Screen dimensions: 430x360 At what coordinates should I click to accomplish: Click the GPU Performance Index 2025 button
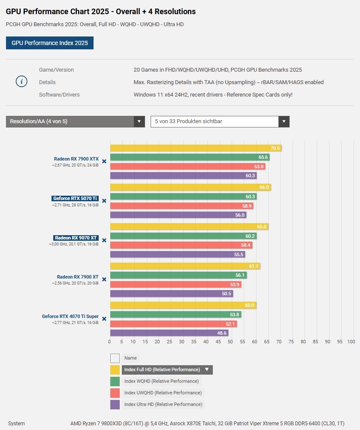pos(49,43)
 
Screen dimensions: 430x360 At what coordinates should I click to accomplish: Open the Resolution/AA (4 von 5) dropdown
pos(76,121)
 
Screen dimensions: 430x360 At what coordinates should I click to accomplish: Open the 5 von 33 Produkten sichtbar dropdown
pos(220,121)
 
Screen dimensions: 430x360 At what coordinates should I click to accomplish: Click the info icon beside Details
pos(21,82)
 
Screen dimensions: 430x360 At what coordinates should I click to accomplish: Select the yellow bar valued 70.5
pos(196,148)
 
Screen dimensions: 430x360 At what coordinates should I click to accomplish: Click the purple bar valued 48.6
pos(169,333)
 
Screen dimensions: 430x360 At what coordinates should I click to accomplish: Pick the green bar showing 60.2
pos(184,236)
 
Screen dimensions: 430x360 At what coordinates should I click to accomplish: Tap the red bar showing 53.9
pos(175,285)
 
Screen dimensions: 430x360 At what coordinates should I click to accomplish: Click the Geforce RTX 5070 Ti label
pos(75,199)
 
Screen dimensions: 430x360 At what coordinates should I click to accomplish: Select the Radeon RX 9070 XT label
pos(76,238)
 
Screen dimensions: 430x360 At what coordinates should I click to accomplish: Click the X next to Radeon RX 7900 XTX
pos(104,161)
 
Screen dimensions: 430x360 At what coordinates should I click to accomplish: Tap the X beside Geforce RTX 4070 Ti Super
pos(104,319)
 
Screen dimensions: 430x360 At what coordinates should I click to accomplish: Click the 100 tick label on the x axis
pos(351,342)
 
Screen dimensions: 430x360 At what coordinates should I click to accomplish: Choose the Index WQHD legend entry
pos(161,381)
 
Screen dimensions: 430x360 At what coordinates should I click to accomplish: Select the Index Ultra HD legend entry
pos(163,404)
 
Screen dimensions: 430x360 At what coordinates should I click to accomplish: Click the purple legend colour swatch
pos(115,404)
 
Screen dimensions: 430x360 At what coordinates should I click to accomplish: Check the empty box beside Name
pos(115,358)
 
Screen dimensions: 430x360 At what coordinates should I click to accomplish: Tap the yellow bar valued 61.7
pos(185,266)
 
